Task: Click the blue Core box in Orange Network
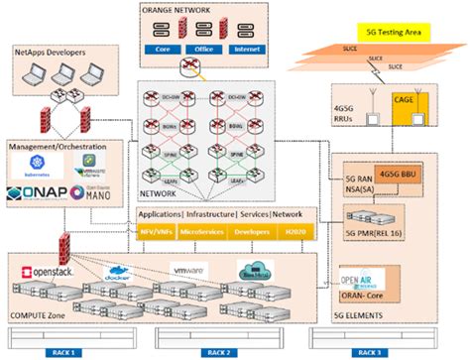click(x=167, y=47)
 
